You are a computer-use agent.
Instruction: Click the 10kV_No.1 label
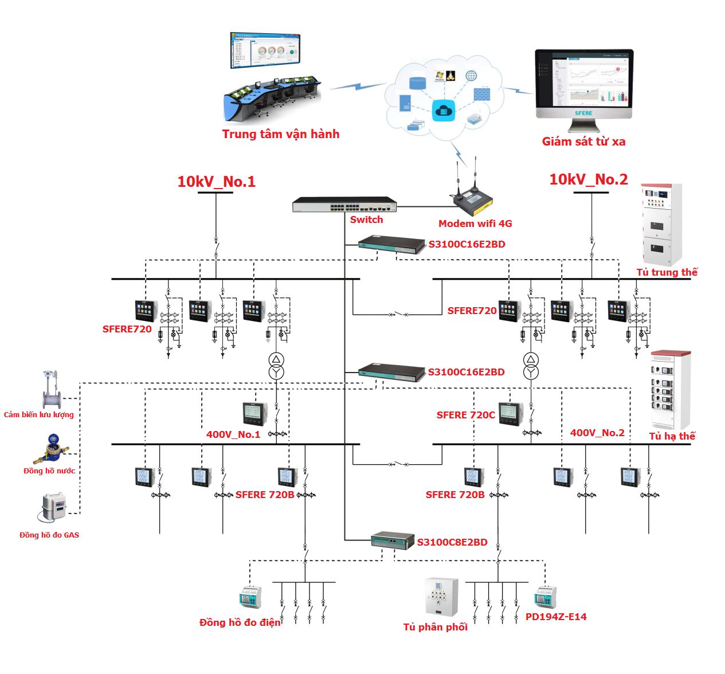click(x=216, y=182)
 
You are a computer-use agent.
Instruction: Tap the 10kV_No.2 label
click(x=589, y=179)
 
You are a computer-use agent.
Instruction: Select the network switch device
click(x=344, y=205)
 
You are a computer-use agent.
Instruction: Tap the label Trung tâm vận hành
click(x=281, y=134)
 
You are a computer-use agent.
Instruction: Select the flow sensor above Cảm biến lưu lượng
click(x=52, y=390)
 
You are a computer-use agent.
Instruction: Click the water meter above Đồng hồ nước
click(x=52, y=448)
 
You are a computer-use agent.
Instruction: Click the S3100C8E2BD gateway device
click(x=393, y=540)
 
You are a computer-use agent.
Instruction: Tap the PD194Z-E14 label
click(x=556, y=617)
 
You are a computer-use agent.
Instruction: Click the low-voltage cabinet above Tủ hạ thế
click(x=669, y=390)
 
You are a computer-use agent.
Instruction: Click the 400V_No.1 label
click(x=233, y=434)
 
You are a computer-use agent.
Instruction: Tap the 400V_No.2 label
click(x=597, y=433)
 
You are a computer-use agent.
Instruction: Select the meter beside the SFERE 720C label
click(x=511, y=413)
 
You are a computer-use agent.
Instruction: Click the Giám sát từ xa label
click(x=583, y=142)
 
